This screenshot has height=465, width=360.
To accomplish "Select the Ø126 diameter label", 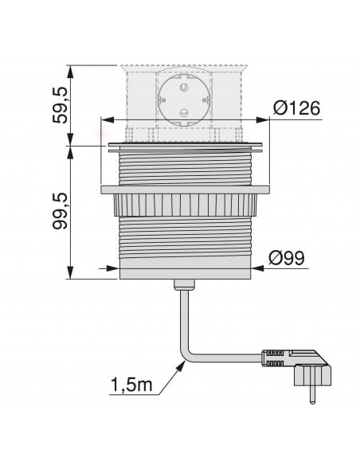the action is tap(297, 108).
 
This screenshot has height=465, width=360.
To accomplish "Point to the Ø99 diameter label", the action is tap(287, 258).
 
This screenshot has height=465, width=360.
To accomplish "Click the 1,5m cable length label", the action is tap(131, 385).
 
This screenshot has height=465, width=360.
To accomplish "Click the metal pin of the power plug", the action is tap(312, 395).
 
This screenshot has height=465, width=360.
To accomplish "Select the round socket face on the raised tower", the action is tap(184, 101).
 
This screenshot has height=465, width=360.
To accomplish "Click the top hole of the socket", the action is tap(184, 88).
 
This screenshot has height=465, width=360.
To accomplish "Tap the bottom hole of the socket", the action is tap(184, 113).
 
